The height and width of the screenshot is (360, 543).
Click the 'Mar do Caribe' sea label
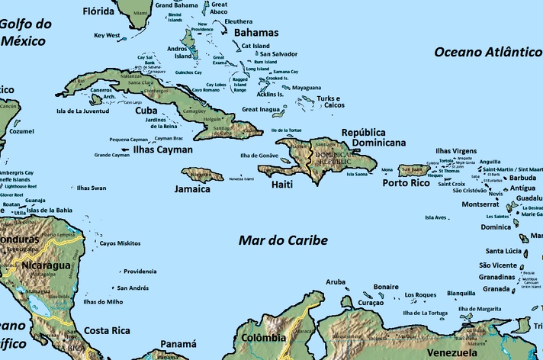pos(283,240)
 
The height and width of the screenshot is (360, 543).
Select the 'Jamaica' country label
pos(192,189)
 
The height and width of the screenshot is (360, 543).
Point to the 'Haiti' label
pos(284,185)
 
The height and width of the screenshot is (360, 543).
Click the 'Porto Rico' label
pos(406,183)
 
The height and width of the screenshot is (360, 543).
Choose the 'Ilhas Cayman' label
pos(163,150)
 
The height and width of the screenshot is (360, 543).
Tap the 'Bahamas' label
pos(256,33)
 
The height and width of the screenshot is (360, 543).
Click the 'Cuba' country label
pos(146,110)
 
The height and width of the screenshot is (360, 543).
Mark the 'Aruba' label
pos(336,281)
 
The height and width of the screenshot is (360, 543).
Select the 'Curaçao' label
pos(370,303)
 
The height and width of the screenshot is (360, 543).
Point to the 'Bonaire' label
pos(386,287)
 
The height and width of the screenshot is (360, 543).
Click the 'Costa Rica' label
pos(106,330)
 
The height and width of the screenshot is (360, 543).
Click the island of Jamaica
pos(202,175)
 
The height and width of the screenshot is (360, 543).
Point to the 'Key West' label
pos(108,35)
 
